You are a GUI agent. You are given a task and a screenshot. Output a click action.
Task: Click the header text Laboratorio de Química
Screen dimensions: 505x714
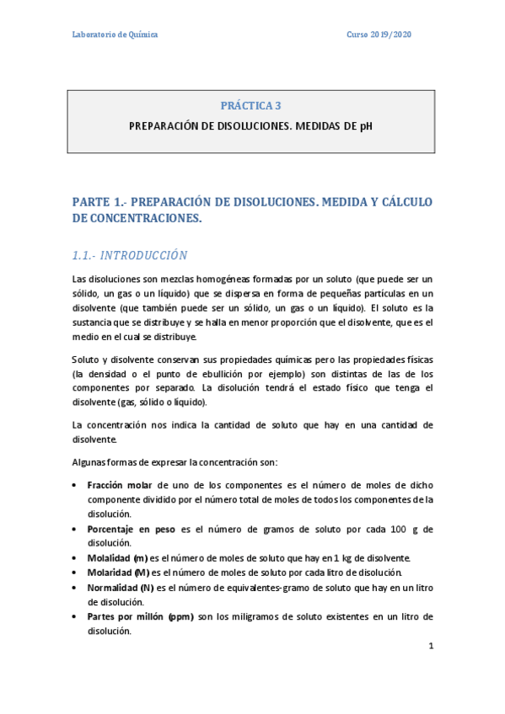pos(114,35)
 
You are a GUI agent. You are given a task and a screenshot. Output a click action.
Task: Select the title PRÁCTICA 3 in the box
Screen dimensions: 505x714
pos(250,106)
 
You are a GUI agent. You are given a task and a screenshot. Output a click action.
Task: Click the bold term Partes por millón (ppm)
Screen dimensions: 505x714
pos(140,616)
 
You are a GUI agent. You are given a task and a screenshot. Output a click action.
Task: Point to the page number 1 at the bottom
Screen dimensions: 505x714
pos(431,647)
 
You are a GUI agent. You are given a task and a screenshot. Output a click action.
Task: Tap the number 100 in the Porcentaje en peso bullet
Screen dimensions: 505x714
pos(400,529)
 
